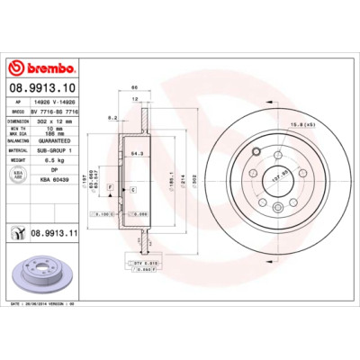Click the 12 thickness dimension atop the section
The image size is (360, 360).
pyautogui.click(x=135, y=99)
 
